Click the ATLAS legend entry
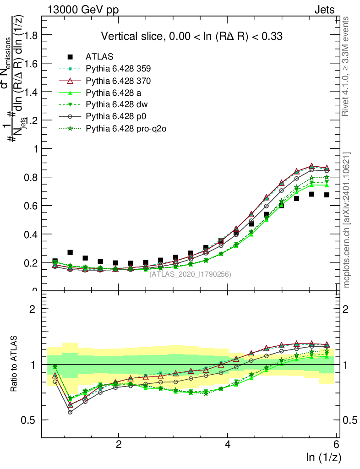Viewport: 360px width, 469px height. pyautogui.click(x=96, y=57)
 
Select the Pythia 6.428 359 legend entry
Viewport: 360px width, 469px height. pyautogui.click(x=118, y=69)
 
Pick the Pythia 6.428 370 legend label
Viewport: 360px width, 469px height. pyautogui.click(x=118, y=81)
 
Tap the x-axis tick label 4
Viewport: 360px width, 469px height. pyautogui.click(x=228, y=445)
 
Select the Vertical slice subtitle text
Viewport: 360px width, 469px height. pyautogui.click(x=191, y=36)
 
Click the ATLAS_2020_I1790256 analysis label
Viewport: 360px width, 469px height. pyautogui.click(x=190, y=274)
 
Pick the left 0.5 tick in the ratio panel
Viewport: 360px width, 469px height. pyautogui.click(x=32, y=420)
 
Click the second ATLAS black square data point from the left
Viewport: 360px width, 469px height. pyautogui.click(x=70, y=252)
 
